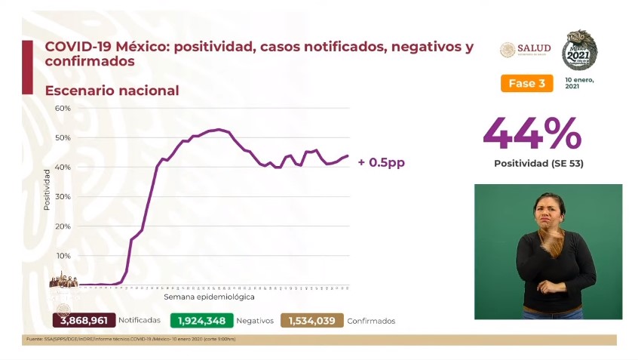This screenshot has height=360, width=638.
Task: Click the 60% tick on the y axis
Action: tap(63, 108)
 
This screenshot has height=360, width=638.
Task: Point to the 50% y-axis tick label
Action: tap(63, 137)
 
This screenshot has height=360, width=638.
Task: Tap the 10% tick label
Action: tap(63, 256)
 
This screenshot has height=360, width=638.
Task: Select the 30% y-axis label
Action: tap(63, 196)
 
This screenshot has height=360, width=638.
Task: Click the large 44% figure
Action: tap(532, 134)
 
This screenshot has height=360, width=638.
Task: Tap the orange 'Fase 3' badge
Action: tap(526, 83)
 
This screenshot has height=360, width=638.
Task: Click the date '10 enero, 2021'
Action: tap(579, 83)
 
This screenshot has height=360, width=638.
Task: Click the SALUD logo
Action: tap(525, 49)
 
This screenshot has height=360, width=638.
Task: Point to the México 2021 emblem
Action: tap(580, 50)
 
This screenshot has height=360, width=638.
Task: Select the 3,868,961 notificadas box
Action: tap(83, 321)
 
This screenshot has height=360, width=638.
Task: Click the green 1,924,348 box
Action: tap(201, 321)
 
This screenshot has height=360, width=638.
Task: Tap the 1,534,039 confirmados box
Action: tap(311, 321)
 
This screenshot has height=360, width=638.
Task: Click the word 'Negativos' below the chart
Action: tap(254, 321)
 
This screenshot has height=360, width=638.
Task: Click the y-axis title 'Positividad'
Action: tap(46, 189)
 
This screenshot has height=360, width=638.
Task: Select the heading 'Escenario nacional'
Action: tap(112, 91)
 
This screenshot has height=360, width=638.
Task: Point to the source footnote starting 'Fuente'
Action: tap(130, 339)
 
